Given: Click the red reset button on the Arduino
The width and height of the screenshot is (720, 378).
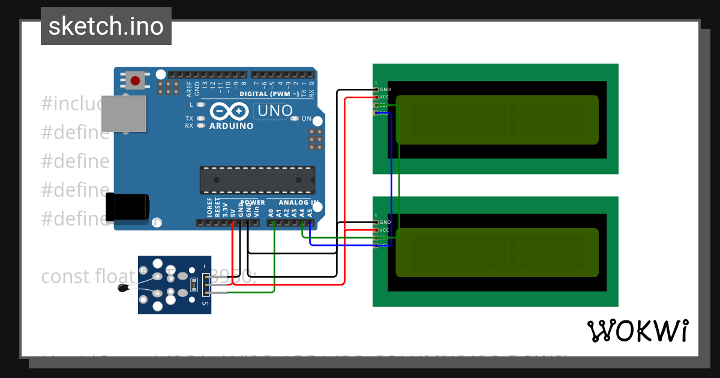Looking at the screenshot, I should (135, 80).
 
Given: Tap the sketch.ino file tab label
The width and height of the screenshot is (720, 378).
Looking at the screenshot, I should (106, 26).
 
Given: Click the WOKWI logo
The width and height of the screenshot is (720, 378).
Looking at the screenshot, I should (637, 331).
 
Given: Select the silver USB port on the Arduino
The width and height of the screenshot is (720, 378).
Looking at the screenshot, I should (124, 113).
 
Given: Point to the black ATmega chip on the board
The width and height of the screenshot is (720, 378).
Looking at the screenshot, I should (257, 180).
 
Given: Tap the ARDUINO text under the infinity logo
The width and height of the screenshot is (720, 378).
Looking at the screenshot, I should (231, 126).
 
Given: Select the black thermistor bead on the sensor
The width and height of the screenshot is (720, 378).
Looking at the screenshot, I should (124, 289).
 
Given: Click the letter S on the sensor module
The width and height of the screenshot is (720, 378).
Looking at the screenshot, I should (205, 304).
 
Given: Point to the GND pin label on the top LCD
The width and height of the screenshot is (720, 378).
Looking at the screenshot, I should (385, 89).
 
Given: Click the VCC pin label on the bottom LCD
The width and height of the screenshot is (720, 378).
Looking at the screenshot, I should (385, 230).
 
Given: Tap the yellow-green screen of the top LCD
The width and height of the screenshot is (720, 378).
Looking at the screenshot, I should (497, 119).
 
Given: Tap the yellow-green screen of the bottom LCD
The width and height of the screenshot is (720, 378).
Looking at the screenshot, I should (497, 253).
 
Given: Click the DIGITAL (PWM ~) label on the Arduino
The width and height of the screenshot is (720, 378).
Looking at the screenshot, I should (269, 94).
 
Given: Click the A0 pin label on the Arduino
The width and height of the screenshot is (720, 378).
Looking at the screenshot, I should (271, 212).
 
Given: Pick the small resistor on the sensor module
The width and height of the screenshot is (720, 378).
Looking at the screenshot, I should (193, 283).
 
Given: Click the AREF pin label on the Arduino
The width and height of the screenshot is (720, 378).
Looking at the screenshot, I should (190, 89).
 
